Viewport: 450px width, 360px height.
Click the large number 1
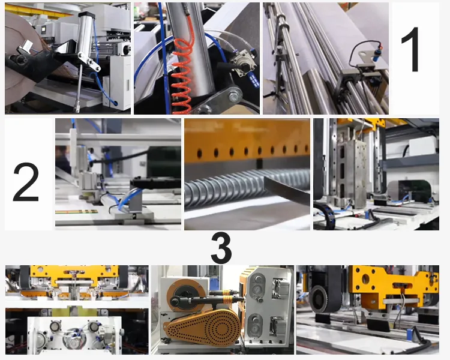[414, 51]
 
